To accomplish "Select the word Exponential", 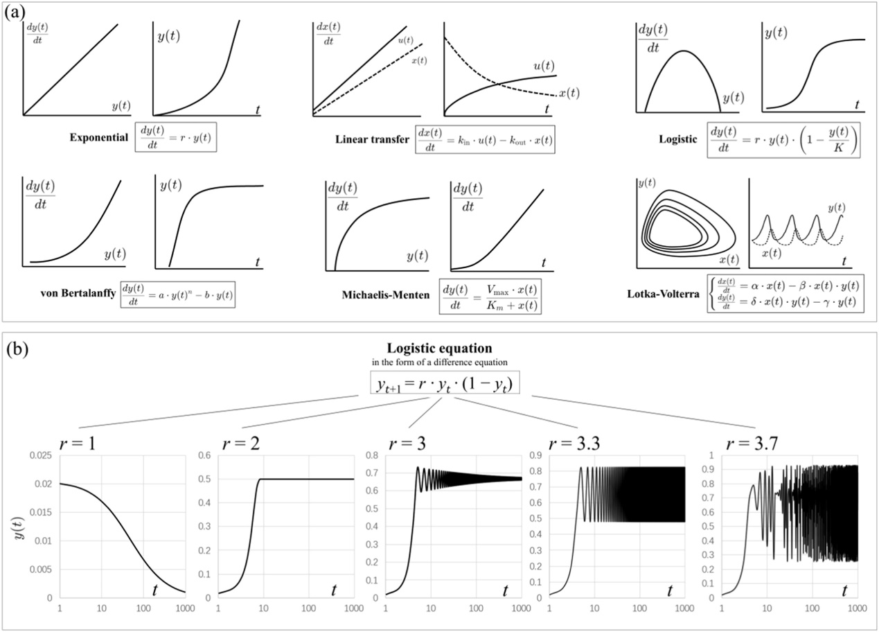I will click(x=99, y=138).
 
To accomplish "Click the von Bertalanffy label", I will click(x=76, y=294).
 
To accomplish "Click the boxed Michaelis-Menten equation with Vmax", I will click(x=490, y=296).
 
